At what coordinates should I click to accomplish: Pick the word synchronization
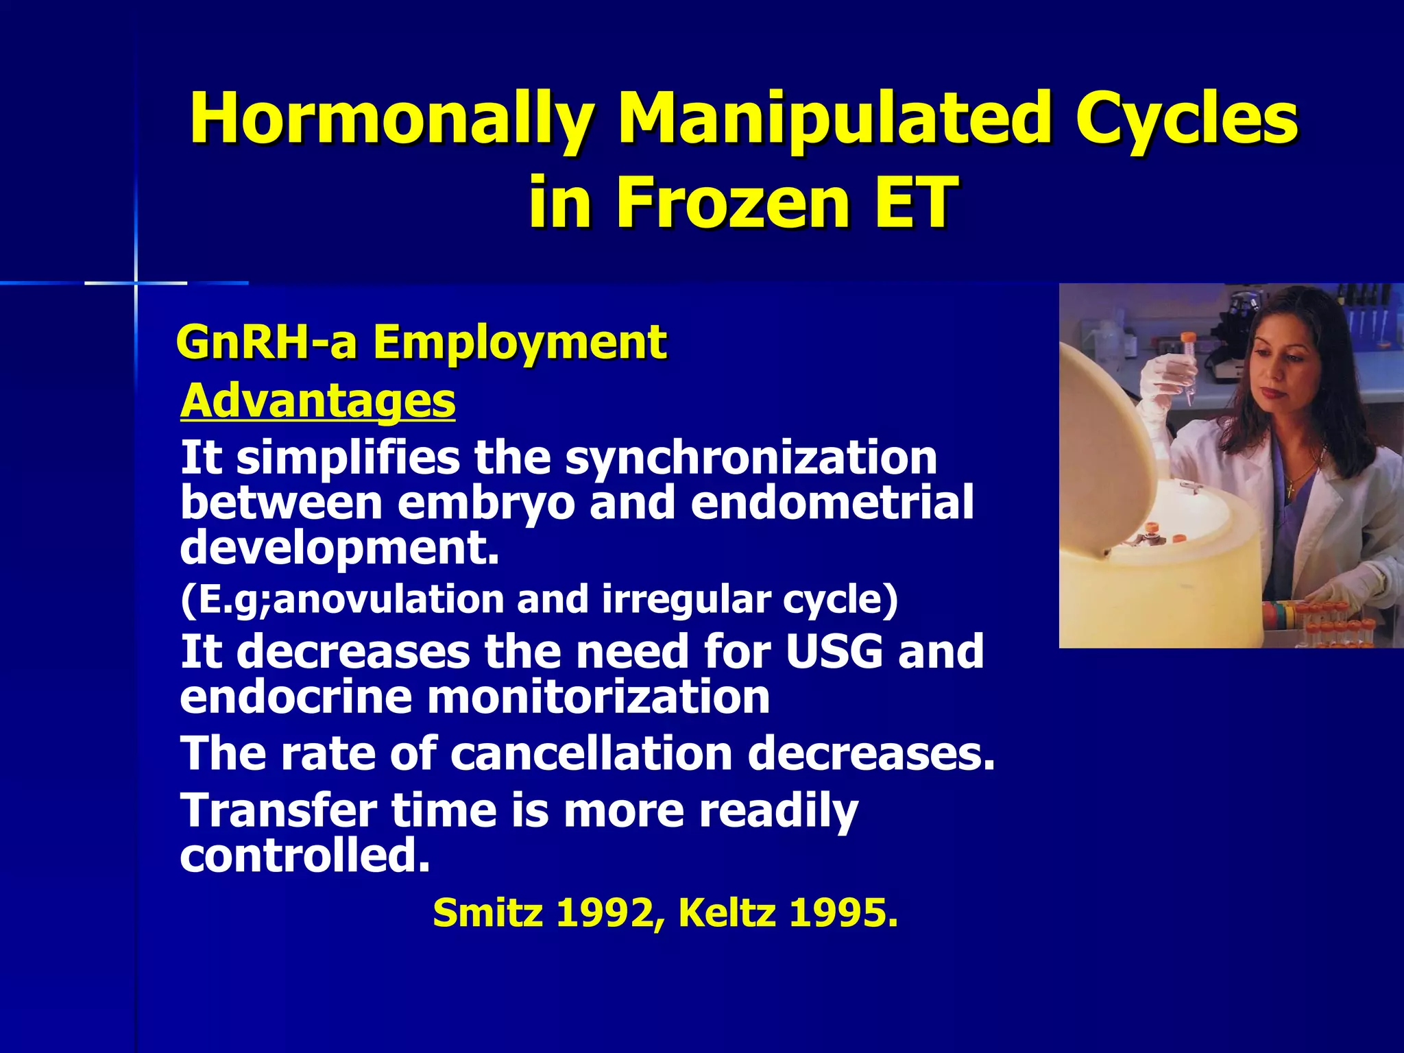(751, 458)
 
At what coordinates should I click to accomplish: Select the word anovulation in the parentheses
(387, 599)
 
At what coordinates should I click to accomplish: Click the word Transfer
(278, 810)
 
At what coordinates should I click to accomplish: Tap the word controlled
(305, 856)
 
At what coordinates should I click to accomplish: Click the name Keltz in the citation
(726, 913)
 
